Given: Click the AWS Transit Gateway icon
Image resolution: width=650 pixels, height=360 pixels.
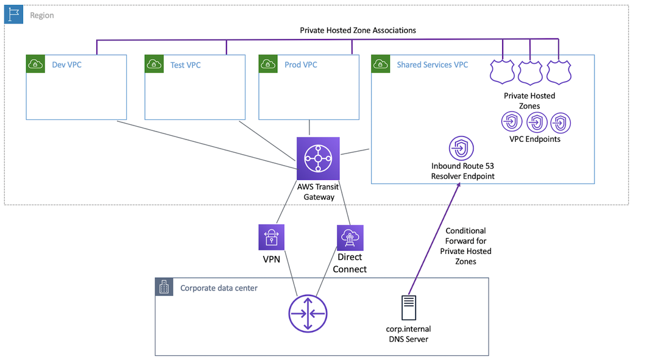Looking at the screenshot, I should click(317, 158).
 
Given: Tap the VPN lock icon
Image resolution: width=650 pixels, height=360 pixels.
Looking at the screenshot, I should click(271, 237).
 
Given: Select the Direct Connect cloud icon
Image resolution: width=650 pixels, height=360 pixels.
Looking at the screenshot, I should click(350, 238).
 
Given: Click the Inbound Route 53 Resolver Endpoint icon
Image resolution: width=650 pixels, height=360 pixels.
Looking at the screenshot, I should click(461, 149).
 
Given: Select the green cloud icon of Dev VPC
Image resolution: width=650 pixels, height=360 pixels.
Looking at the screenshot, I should click(35, 64).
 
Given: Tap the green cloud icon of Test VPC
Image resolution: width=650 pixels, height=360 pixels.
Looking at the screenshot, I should click(154, 64).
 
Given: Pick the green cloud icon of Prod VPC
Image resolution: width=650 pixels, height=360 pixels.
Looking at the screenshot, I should click(268, 64).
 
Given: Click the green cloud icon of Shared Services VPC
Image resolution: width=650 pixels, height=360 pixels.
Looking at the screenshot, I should click(381, 64).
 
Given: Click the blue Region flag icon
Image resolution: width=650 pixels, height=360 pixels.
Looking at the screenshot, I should click(14, 15).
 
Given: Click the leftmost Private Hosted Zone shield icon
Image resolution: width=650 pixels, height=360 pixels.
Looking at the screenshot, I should click(503, 72).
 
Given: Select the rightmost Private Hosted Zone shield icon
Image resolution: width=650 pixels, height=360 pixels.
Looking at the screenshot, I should click(558, 72).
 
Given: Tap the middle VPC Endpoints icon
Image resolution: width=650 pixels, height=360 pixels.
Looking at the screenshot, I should click(536, 122).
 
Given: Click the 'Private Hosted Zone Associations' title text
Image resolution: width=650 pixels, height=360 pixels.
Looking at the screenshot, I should click(358, 30).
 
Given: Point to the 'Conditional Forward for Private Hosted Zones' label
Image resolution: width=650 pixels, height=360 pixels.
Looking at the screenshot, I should click(466, 246).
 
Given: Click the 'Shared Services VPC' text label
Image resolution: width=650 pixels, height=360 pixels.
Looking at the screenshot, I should click(432, 65).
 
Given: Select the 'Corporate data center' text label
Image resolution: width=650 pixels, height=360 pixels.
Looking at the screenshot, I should click(219, 288).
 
